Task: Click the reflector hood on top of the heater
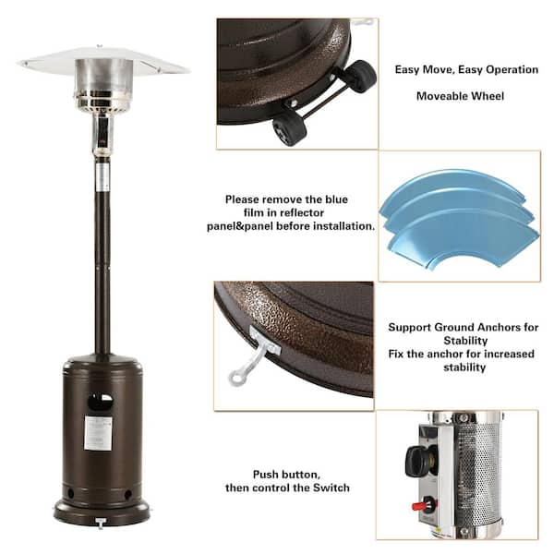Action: pyautogui.click(x=103, y=63)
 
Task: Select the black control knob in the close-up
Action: pyautogui.click(x=421, y=459)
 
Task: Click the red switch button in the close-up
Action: pyautogui.click(x=428, y=505)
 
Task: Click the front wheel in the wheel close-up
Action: pyautogui.click(x=290, y=128)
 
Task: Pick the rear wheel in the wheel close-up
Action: pyautogui.click(x=357, y=76)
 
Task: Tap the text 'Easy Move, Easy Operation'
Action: pyautogui.click(x=466, y=69)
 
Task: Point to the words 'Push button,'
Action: pyautogui.click(x=287, y=473)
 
